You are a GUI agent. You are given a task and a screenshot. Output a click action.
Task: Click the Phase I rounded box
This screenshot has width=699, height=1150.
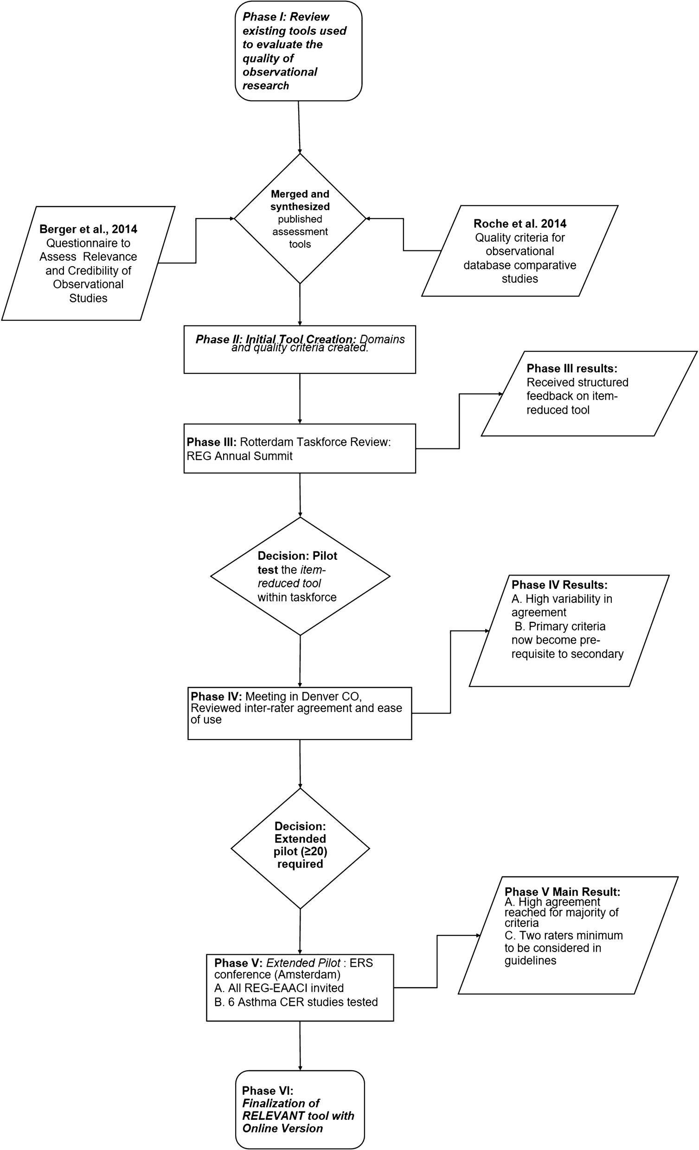(298, 51)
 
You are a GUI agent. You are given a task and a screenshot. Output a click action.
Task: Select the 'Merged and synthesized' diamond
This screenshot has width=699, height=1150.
(300, 218)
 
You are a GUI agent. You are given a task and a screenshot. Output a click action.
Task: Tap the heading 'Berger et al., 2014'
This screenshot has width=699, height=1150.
(88, 229)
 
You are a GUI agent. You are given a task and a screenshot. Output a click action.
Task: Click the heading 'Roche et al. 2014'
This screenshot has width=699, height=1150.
(519, 224)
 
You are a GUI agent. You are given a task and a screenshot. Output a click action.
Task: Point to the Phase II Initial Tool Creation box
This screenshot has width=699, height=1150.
(299, 349)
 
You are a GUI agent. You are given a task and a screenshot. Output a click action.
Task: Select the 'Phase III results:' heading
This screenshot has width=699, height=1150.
(571, 368)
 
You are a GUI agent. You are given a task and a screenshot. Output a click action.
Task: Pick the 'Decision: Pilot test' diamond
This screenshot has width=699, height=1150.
(300, 576)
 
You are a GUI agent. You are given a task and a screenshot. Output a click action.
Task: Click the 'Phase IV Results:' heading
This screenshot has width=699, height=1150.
(559, 585)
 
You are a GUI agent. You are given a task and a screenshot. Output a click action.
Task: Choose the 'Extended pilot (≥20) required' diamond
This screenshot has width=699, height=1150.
(300, 848)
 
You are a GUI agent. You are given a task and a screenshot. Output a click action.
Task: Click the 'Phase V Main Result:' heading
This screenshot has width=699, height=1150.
(562, 892)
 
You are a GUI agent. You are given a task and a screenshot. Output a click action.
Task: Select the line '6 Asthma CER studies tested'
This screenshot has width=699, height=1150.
(302, 1002)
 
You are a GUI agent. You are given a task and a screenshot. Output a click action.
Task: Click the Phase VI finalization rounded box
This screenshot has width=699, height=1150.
(299, 1109)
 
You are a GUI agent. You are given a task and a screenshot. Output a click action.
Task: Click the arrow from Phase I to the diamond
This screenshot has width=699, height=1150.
(299, 127)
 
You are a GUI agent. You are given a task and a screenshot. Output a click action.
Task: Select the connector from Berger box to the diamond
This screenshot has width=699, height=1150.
(196, 240)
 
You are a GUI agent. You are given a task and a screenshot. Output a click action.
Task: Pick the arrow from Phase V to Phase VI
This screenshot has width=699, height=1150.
(300, 1046)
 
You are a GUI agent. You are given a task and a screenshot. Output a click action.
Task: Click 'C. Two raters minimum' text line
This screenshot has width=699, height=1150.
(564, 935)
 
